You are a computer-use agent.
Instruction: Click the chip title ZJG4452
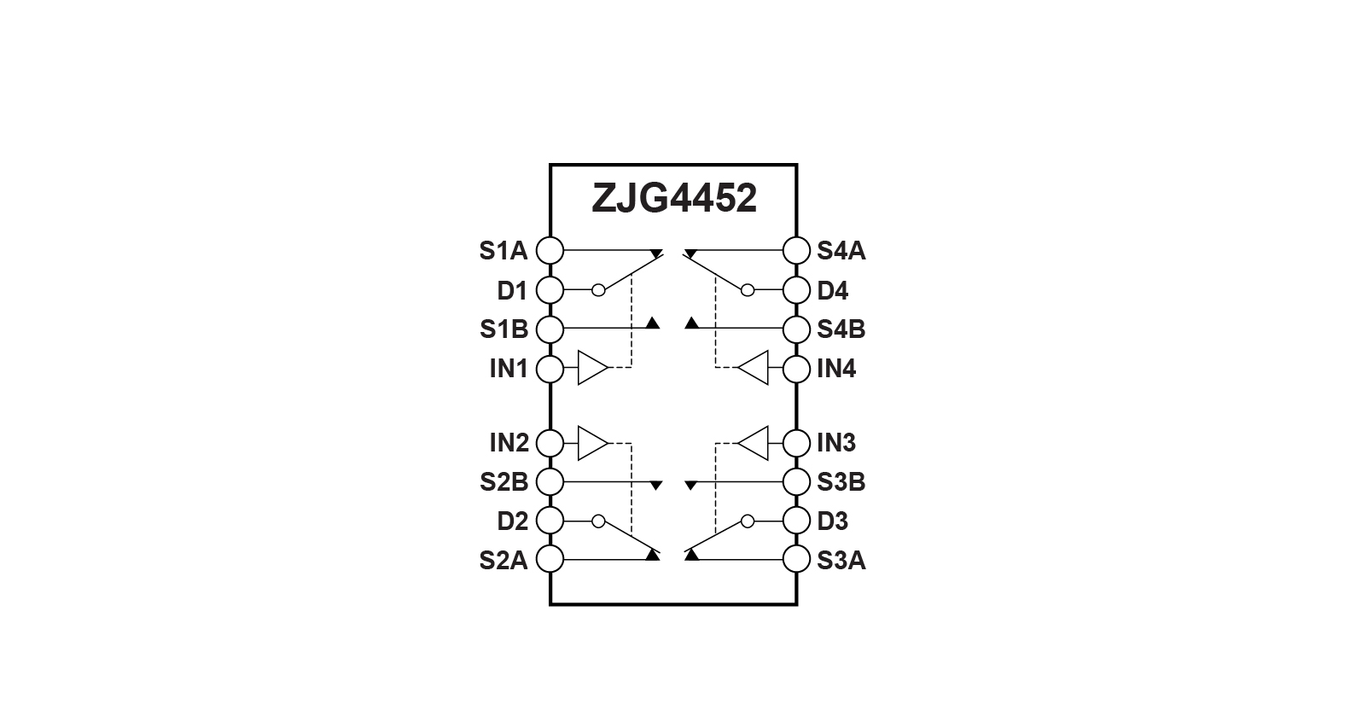(x=673, y=198)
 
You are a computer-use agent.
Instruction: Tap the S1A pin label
(x=503, y=251)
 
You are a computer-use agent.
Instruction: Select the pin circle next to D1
(x=550, y=290)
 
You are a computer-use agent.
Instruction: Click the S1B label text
(x=504, y=329)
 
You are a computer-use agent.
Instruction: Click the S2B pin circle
(x=550, y=481)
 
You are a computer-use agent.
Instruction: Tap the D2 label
(x=513, y=521)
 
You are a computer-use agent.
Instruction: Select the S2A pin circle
(x=550, y=558)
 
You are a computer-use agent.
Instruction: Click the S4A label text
(x=841, y=251)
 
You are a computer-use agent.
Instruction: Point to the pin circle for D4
(x=796, y=290)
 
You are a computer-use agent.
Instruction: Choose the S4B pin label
(x=841, y=329)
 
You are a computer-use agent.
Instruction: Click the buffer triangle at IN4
(x=754, y=367)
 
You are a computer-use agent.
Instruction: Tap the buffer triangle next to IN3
(x=754, y=443)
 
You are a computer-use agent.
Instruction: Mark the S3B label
(x=841, y=481)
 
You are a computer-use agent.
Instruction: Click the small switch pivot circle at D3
(x=748, y=521)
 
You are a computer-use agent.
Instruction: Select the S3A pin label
(x=841, y=560)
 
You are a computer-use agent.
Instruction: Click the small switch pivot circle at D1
(x=598, y=290)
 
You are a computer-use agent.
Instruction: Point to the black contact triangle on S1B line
(x=653, y=323)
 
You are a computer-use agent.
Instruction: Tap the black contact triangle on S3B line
(x=691, y=486)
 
